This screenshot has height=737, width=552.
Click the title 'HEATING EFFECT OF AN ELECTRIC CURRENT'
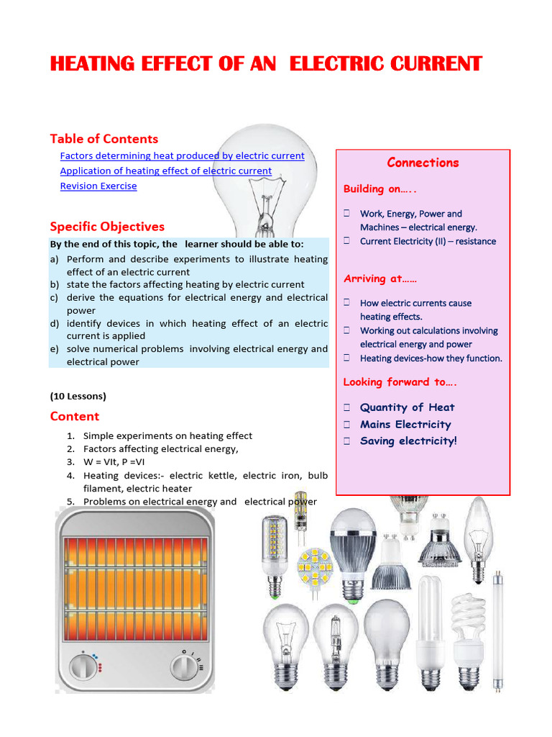(x=266, y=64)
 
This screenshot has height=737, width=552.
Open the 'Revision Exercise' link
(x=98, y=186)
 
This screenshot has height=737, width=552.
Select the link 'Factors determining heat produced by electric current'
(x=182, y=155)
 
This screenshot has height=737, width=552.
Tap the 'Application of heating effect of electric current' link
(x=165, y=171)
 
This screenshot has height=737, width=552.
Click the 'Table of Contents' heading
(x=103, y=138)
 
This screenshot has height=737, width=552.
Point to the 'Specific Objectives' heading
(x=107, y=226)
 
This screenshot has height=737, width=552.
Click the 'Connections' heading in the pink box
(x=423, y=163)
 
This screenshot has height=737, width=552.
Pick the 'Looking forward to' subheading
(x=400, y=382)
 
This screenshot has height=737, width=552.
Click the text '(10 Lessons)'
(x=78, y=396)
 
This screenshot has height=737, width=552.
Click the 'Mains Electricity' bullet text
(x=405, y=425)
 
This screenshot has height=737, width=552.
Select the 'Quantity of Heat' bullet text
(x=407, y=407)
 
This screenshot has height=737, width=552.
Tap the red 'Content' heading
(x=75, y=416)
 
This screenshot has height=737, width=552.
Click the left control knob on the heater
(x=84, y=666)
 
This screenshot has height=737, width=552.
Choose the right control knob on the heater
(x=185, y=666)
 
